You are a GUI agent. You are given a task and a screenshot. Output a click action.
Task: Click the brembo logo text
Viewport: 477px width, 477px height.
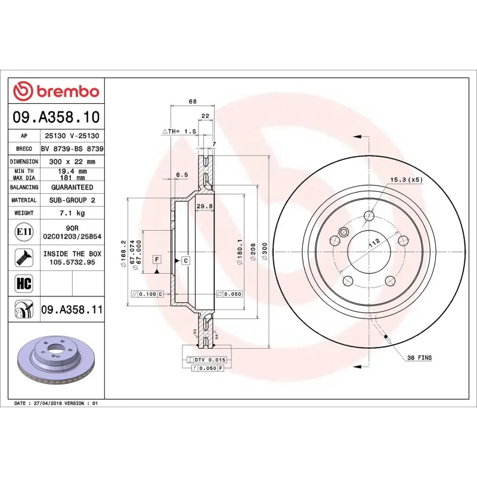[66, 91]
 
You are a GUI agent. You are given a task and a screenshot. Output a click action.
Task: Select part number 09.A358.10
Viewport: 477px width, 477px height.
[56, 117]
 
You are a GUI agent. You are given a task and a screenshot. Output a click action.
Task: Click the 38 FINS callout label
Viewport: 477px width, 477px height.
[419, 358]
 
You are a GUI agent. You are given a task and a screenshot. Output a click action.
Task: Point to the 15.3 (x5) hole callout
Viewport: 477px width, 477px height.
[407, 179]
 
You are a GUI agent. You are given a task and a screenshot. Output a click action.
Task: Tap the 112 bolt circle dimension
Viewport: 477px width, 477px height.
[374, 241]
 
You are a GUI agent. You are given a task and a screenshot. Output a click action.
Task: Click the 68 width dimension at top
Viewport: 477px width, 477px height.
[192, 101]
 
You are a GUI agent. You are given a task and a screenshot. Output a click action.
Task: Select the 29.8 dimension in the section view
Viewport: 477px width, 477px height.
[205, 206]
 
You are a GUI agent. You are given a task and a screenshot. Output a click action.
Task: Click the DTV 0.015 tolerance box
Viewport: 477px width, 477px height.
[210, 360]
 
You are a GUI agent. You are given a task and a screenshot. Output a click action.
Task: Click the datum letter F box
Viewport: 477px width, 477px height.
[157, 259]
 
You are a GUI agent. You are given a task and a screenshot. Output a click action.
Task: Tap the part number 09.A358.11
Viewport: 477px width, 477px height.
[72, 309]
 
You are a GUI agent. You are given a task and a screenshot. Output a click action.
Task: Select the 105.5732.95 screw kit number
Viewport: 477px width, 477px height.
[72, 262]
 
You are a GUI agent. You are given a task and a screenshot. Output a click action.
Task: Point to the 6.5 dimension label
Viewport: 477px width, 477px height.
[182, 175]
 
